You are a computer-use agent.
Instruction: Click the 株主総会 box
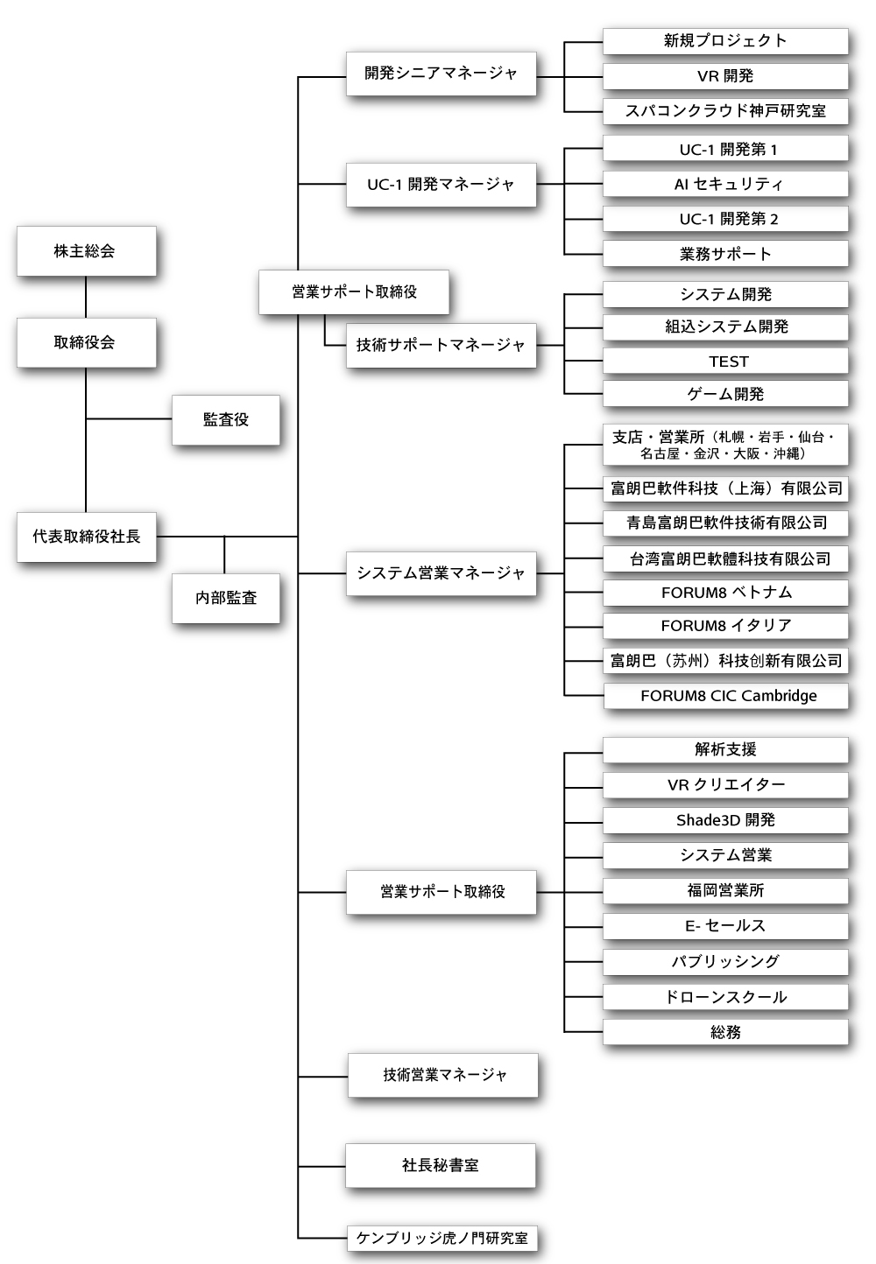pyautogui.click(x=86, y=251)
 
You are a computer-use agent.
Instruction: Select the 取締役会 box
pyautogui.click(x=86, y=342)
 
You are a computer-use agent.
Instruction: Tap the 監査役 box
pyautogui.click(x=226, y=420)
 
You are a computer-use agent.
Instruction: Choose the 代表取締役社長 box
pyautogui.click(x=86, y=537)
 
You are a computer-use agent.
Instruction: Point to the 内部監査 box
pyautogui.click(x=226, y=598)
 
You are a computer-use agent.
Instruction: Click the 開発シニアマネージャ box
pyautogui.click(x=441, y=74)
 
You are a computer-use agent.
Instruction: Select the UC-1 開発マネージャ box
pyautogui.click(x=441, y=185)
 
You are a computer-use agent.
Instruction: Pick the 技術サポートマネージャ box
pyautogui.click(x=441, y=345)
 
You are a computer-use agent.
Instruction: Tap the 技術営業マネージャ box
pyautogui.click(x=443, y=1075)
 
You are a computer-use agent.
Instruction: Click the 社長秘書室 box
pyautogui.click(x=441, y=1165)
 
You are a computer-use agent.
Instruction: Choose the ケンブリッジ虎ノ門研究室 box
pyautogui.click(x=442, y=1238)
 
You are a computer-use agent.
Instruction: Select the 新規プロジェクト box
pyautogui.click(x=725, y=40)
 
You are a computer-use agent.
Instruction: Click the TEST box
pyautogui.click(x=725, y=362)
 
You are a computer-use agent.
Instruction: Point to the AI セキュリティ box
pyautogui.click(x=725, y=184)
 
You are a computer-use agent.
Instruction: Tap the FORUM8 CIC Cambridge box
pyautogui.click(x=725, y=696)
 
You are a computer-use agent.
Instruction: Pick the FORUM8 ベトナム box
pyautogui.click(x=725, y=593)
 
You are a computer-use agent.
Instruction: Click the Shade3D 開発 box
pyautogui.click(x=725, y=820)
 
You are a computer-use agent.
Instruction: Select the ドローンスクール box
pyautogui.click(x=725, y=997)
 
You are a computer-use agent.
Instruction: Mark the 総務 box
pyautogui.click(x=725, y=1032)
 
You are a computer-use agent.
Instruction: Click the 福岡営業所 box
pyautogui.click(x=725, y=890)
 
